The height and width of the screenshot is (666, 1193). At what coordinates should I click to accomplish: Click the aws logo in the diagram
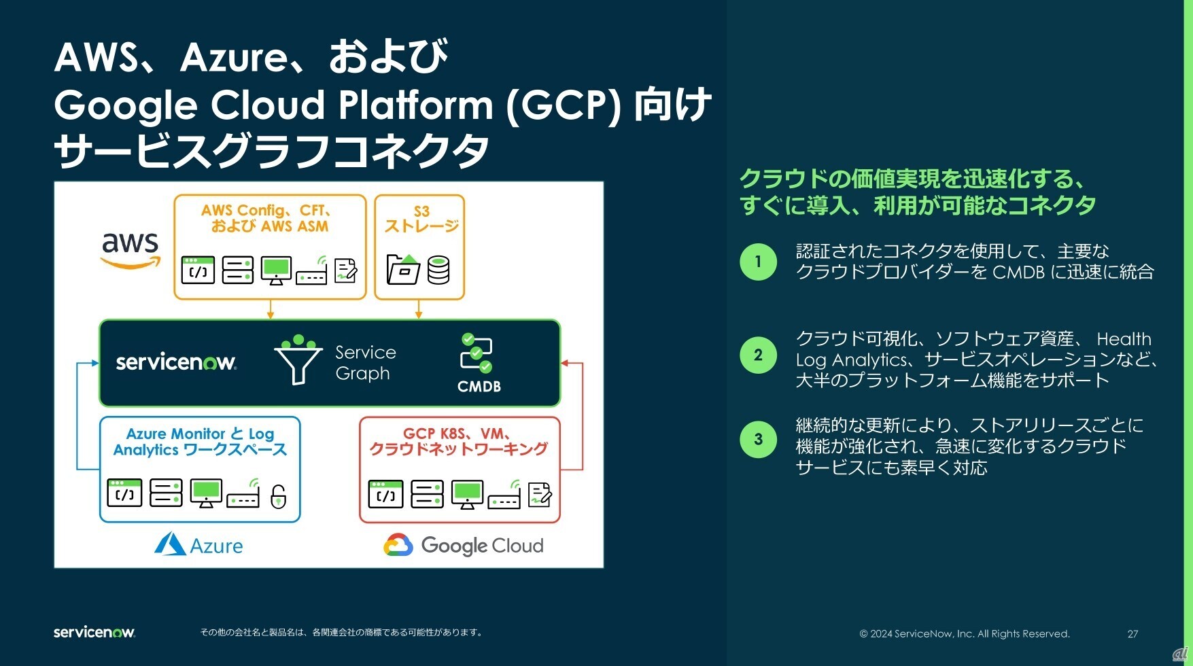130,249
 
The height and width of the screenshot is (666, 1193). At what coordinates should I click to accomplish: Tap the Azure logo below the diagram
198,545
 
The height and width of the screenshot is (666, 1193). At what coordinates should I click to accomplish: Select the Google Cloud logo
464,545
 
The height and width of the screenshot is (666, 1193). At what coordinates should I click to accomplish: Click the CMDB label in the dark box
479,386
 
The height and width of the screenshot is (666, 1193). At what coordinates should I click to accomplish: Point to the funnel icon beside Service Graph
298,360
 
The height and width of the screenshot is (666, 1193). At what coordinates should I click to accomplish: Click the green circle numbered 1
758,262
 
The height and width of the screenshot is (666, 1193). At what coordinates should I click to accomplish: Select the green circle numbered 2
758,355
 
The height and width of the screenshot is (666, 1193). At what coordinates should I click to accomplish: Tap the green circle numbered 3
758,439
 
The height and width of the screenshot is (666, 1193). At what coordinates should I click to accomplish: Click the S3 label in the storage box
421,211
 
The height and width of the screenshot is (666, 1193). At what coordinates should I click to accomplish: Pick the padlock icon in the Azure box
278,496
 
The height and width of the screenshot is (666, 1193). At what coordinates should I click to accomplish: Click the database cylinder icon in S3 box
438,270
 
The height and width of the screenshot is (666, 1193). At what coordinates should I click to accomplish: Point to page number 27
1133,633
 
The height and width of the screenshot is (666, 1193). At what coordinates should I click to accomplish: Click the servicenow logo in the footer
94,632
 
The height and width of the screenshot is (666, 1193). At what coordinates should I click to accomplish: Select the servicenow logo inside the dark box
175,362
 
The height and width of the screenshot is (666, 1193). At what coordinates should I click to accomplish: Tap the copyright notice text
965,633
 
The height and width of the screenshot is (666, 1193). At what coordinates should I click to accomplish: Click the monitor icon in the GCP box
467,494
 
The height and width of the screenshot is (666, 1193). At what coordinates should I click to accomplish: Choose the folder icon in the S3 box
403,269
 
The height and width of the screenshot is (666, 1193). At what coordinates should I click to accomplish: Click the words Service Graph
365,362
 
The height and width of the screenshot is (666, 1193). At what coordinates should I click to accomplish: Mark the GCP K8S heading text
457,434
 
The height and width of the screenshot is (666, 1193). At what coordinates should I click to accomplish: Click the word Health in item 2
1124,338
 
